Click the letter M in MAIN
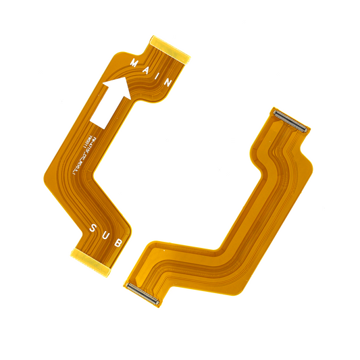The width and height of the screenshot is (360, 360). point(135,63)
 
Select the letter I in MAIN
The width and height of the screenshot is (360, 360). point(157,74)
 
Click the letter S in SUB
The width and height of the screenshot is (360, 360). point(93,228)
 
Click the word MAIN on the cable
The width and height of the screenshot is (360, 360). point(151,71)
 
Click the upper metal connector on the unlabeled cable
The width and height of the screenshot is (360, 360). point(290,119)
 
